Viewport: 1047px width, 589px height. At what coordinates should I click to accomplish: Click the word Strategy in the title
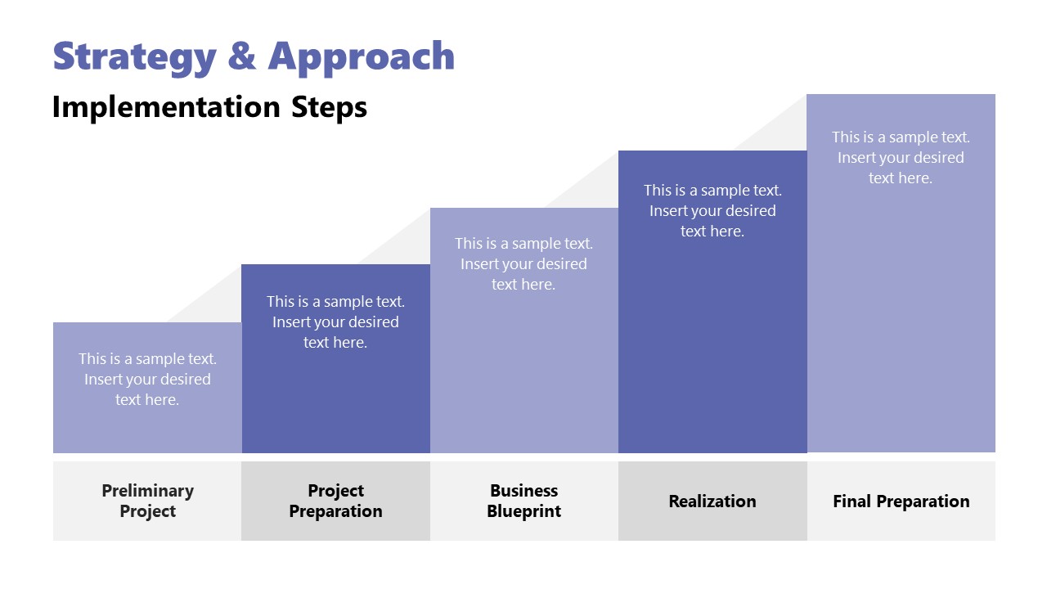coord(134,56)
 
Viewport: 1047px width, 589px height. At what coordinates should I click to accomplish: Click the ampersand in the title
coord(243,56)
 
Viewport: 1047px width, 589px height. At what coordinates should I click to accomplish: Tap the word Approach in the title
coord(362,56)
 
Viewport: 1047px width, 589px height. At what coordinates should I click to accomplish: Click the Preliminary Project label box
coord(147,501)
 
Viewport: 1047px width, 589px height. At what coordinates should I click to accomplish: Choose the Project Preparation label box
coord(335,501)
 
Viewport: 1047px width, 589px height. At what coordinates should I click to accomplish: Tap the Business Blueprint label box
coord(523,501)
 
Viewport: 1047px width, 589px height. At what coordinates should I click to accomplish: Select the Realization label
coord(712,501)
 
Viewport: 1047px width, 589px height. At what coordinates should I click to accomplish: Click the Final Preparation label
coord(901,501)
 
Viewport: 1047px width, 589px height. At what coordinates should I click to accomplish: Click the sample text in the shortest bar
coord(147,379)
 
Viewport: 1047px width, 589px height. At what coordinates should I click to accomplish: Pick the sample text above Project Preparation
coord(335,322)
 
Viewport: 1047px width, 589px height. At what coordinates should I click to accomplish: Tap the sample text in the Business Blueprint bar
coord(523,263)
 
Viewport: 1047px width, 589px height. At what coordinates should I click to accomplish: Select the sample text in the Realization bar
coord(712,210)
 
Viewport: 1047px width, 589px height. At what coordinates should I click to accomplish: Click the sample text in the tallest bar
coord(901,157)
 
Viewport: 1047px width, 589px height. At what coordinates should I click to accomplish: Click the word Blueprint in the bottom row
coord(523,511)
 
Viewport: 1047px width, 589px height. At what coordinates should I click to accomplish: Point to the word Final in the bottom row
coord(852,501)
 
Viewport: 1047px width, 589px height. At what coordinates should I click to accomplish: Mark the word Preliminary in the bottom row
coord(147,491)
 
